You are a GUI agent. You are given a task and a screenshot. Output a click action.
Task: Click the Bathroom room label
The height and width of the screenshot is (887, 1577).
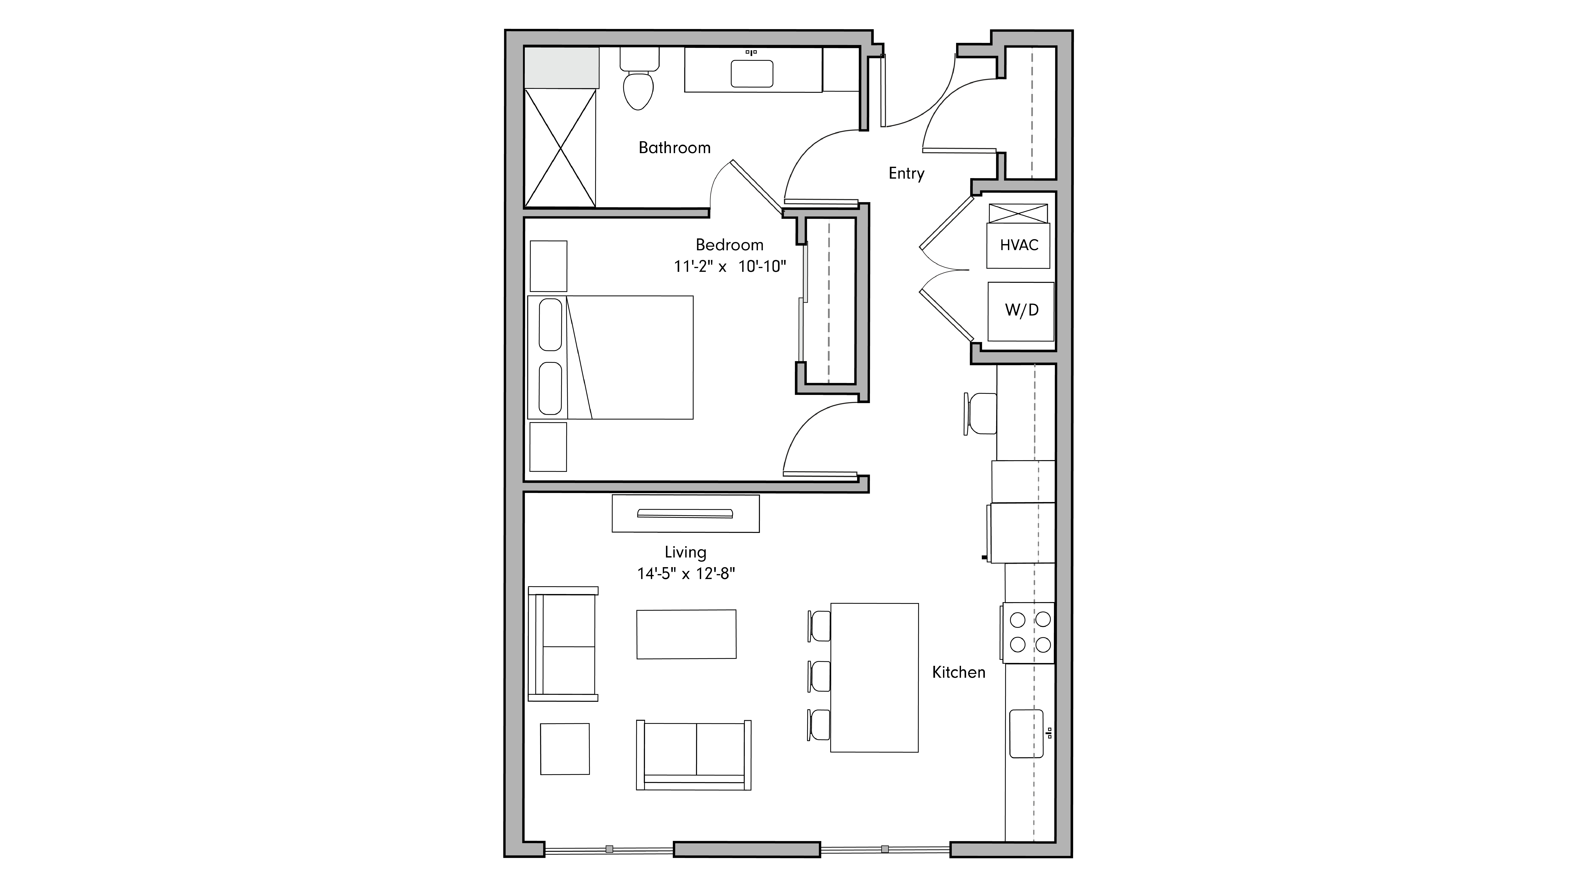point(674,147)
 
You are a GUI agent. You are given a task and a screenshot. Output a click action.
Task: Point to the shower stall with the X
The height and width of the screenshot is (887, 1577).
point(560,147)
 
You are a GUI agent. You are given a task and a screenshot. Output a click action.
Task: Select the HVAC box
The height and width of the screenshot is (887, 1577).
point(1019,245)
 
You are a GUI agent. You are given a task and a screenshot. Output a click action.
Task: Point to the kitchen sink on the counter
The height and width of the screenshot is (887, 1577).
point(1026,733)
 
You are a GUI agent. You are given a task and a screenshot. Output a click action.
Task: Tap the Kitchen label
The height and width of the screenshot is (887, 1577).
point(958,672)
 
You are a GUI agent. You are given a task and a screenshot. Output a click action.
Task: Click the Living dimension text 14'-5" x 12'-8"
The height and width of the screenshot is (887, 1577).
point(686,573)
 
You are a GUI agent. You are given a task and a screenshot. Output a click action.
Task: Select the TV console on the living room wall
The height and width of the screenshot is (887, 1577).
point(686,513)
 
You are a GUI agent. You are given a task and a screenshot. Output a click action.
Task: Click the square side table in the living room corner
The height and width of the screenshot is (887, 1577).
point(565,749)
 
